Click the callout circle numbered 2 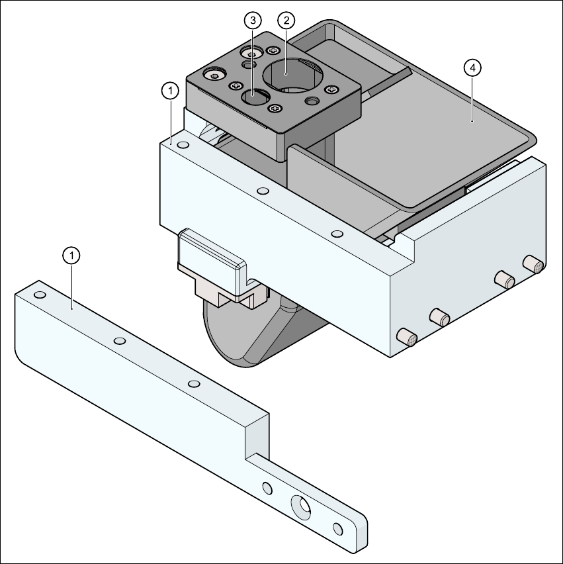286,21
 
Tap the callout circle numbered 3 253,21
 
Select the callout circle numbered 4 472,68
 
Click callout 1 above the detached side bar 71,256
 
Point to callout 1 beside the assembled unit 171,91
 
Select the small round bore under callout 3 255,97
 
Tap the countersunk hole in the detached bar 301,507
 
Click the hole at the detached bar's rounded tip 337,529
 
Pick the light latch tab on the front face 212,264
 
